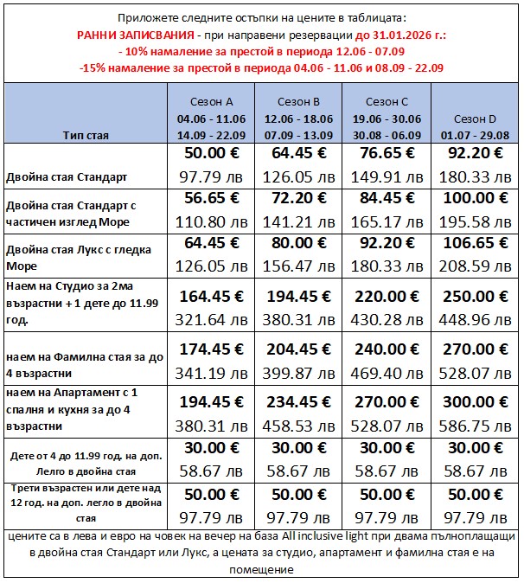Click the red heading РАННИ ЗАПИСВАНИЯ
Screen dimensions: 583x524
pos(149,34)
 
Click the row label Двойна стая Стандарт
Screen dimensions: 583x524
pos(67,176)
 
